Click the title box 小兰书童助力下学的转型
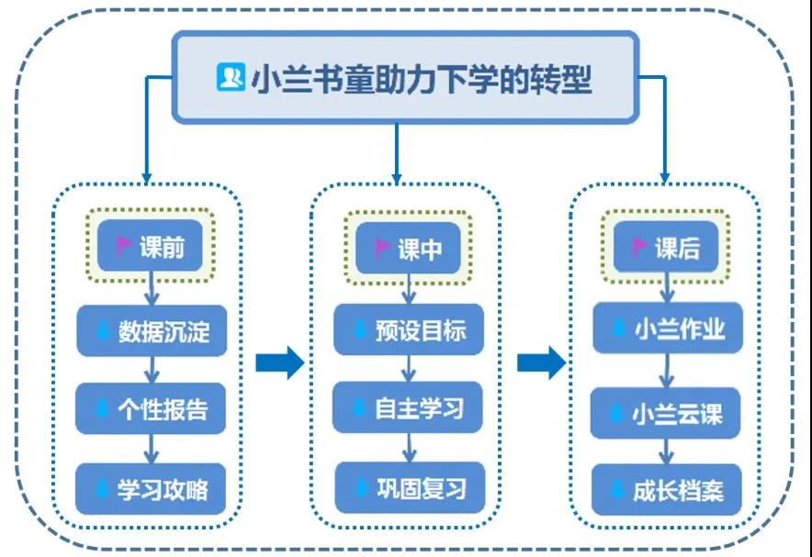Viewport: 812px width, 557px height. [x=405, y=78]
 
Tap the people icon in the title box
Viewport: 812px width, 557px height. [x=229, y=78]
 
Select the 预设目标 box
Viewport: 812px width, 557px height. [x=408, y=329]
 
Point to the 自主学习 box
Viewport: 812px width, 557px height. [x=408, y=407]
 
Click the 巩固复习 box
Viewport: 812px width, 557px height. [x=408, y=487]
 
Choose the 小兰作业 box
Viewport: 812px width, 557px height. [x=666, y=329]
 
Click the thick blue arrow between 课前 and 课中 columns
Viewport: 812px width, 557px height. [x=279, y=363]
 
